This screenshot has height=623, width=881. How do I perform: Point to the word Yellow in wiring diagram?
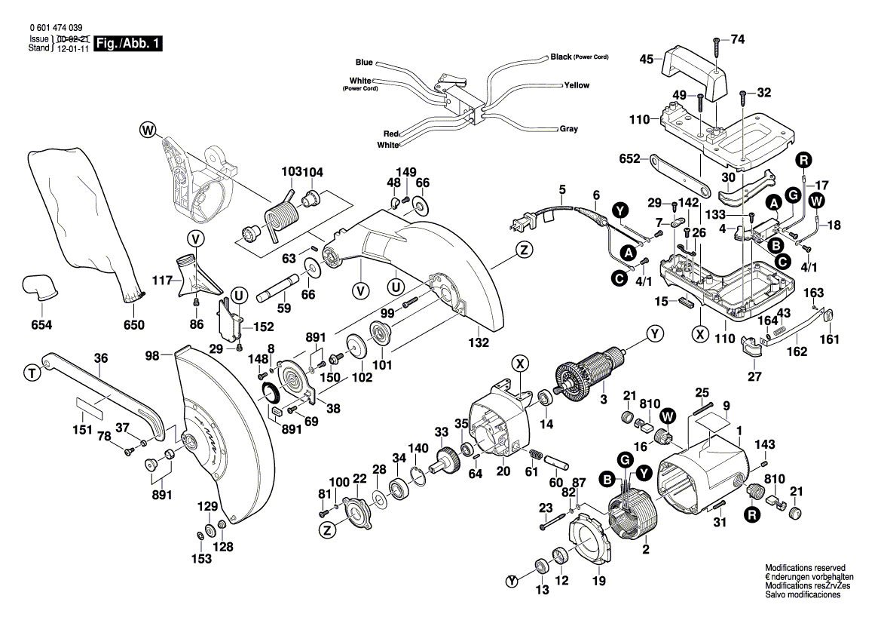click(577, 85)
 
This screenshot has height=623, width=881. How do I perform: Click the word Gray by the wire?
click(569, 129)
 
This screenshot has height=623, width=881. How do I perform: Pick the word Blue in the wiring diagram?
click(364, 62)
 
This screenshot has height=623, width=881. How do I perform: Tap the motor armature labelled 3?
click(592, 374)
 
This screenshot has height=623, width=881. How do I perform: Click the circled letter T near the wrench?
click(31, 372)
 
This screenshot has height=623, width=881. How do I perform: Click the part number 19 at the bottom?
click(598, 581)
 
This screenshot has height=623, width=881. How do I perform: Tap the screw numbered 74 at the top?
click(737, 38)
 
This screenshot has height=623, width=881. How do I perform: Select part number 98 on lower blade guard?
click(153, 354)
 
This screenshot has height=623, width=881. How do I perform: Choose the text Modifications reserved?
click(805, 567)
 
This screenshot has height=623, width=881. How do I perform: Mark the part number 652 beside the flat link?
click(629, 159)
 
